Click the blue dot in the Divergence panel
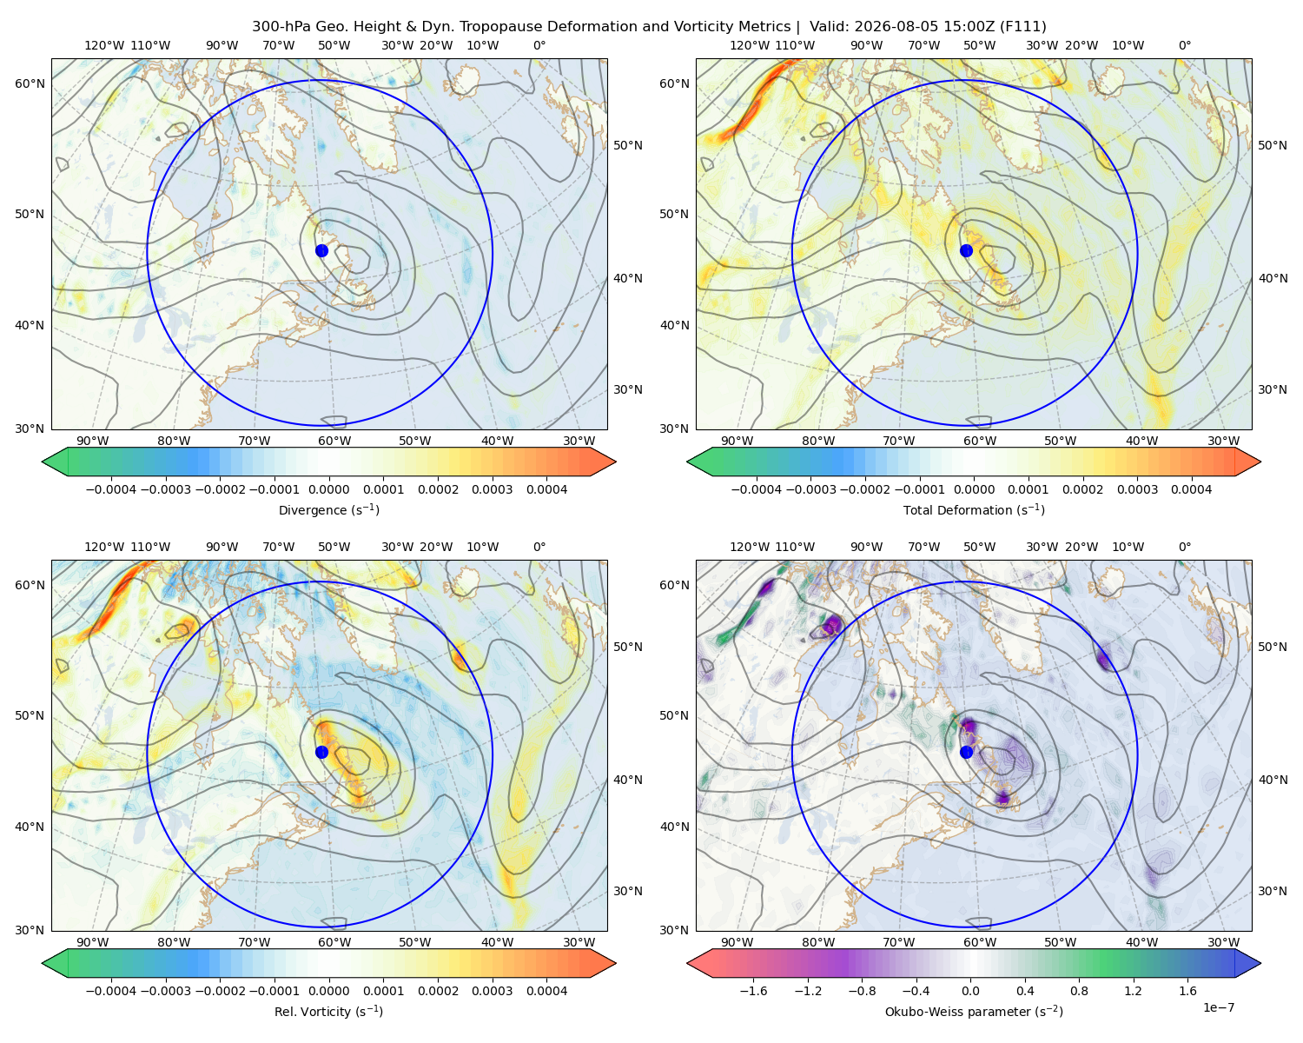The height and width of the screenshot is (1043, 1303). [321, 250]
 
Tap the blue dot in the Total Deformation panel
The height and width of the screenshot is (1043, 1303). [966, 250]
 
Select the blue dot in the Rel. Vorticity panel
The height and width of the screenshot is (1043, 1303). [321, 752]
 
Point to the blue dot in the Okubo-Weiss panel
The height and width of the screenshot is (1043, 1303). [966, 752]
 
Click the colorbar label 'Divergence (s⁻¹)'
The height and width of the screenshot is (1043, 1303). [328, 509]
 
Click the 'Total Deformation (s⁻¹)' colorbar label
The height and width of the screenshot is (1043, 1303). [974, 509]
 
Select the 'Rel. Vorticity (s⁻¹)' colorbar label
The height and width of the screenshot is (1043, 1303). [328, 1012]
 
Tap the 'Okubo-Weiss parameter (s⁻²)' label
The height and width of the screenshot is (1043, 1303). [974, 1012]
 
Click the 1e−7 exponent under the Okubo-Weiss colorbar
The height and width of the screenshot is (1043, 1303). [1218, 1007]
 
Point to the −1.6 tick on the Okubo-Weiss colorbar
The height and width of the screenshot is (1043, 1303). [753, 991]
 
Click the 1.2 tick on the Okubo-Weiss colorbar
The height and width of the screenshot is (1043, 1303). [1133, 991]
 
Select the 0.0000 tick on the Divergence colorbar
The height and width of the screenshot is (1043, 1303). [328, 489]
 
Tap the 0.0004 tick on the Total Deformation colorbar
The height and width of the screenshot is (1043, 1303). [1191, 489]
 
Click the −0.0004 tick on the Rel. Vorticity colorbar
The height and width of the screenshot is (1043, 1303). [111, 991]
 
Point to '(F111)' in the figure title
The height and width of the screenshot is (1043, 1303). [1023, 27]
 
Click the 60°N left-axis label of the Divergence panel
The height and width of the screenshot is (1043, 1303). [30, 83]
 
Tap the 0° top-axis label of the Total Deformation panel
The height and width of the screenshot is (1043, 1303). [1184, 45]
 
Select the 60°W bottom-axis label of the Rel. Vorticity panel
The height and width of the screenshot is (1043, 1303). [334, 942]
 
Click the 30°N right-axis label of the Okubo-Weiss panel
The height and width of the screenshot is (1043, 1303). [1273, 891]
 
